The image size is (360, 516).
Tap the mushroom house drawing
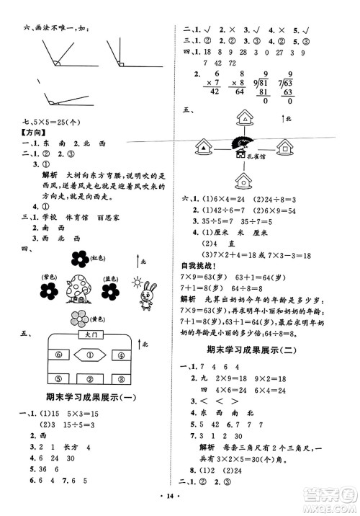point(78,292)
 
